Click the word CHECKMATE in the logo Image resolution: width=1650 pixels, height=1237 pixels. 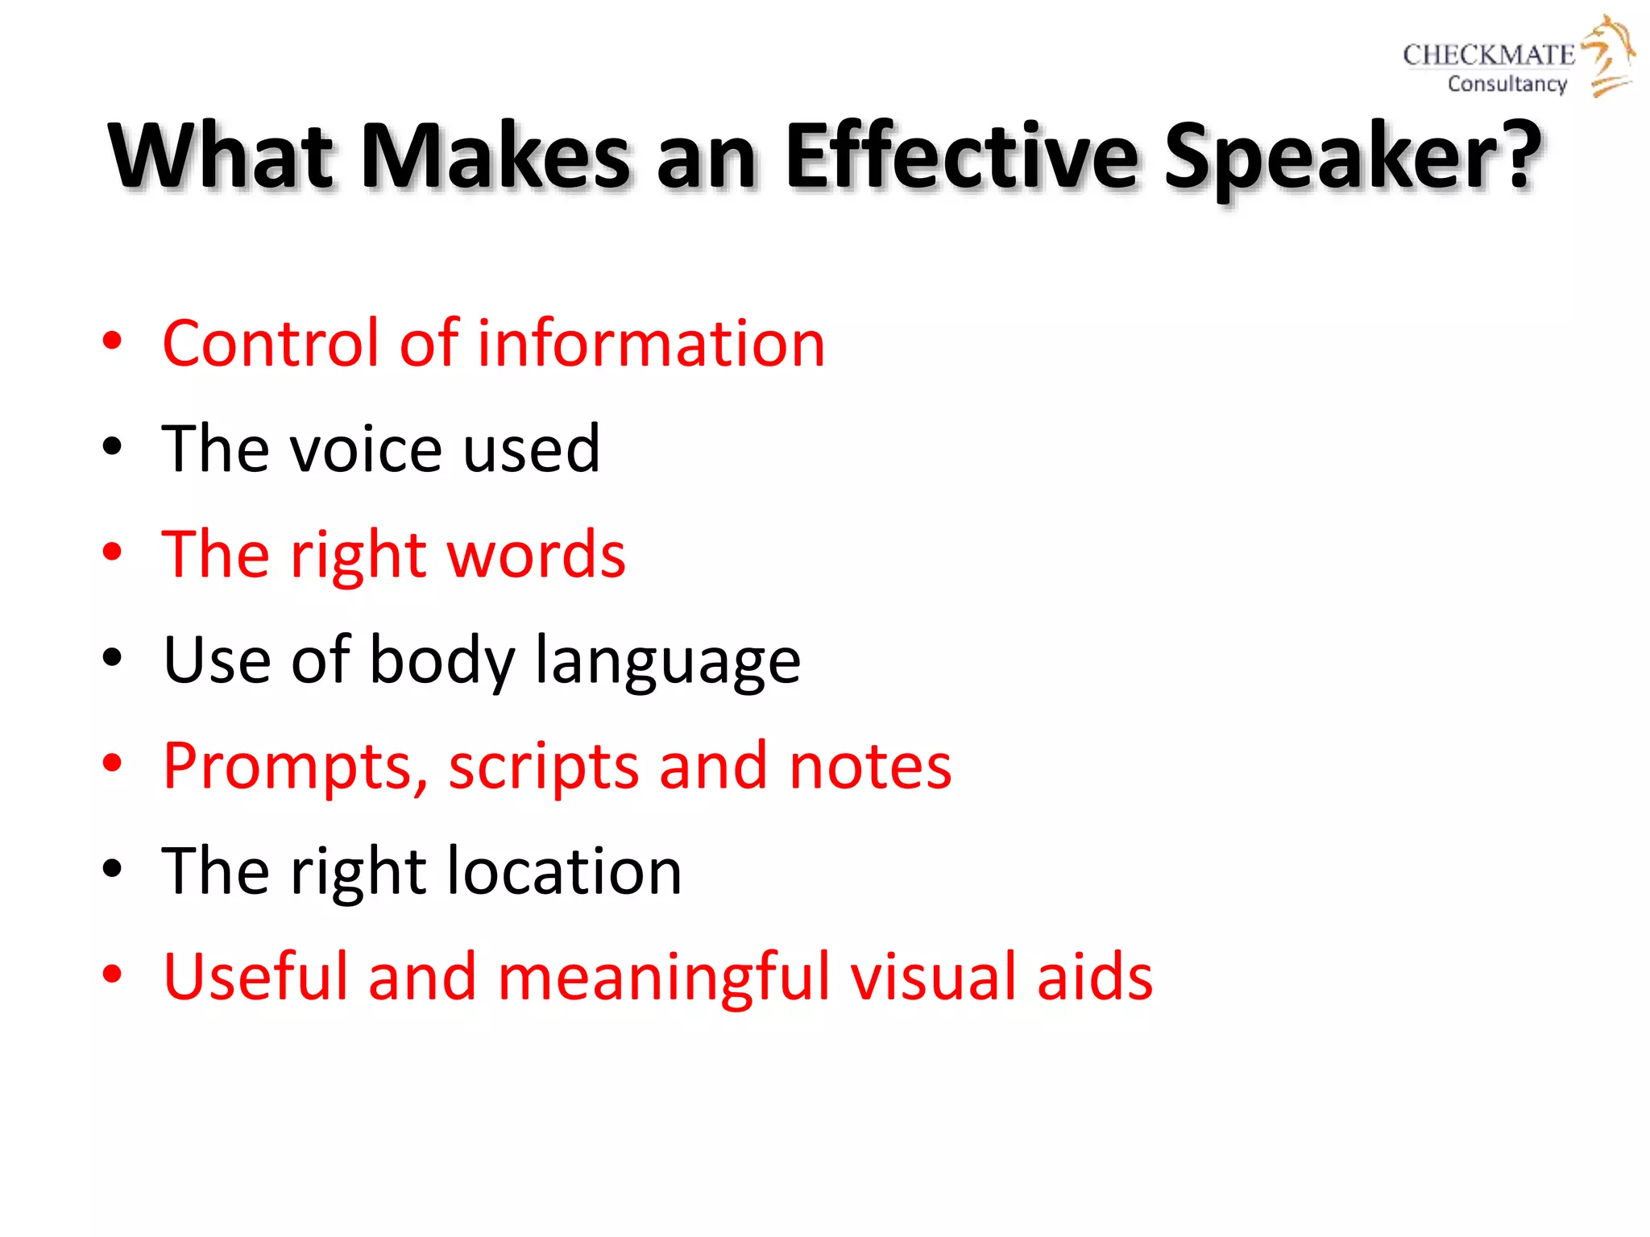1488,55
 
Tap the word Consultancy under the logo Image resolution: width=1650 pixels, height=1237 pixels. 1507,84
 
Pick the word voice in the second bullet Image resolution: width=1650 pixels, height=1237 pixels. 366,449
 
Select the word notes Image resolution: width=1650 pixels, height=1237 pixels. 870,766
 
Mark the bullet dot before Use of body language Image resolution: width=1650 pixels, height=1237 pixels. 112,658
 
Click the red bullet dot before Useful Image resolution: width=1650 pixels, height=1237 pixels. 112,974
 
